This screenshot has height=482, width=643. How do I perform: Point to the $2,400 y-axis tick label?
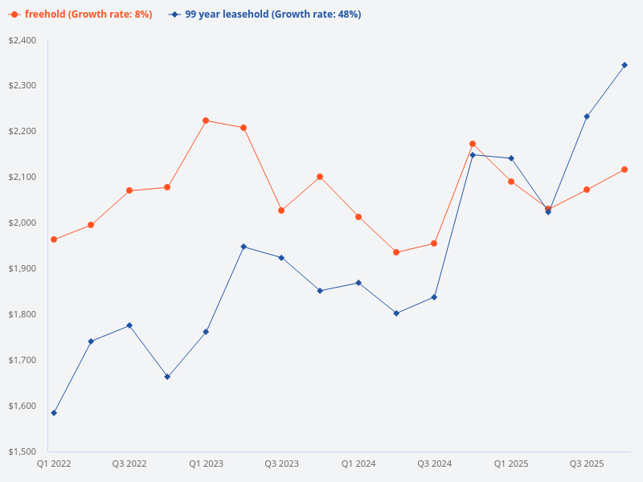tap(23, 40)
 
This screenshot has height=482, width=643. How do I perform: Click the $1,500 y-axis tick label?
tap(23, 451)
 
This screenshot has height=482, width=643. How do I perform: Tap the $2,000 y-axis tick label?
tap(23, 223)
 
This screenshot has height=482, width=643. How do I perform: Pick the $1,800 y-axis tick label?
tap(23, 314)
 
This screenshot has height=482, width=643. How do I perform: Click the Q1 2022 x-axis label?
tap(54, 464)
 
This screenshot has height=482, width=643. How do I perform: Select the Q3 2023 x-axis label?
tap(281, 464)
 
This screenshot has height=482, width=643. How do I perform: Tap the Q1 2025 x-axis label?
tap(510, 464)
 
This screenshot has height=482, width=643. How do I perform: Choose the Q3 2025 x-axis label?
tap(587, 464)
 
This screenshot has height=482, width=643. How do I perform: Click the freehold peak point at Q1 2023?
tap(206, 120)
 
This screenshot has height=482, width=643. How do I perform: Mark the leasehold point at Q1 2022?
tap(54, 413)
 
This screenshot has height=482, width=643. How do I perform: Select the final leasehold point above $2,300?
tap(625, 65)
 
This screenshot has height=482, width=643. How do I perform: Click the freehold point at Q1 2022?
tap(54, 239)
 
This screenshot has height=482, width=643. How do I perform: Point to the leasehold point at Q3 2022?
tap(129, 325)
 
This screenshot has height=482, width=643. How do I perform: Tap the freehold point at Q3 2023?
tap(281, 210)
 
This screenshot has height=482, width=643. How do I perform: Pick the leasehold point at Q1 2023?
tap(206, 332)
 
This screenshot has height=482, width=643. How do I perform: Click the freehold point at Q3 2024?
tap(434, 243)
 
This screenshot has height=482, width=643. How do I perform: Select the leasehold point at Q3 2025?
tap(587, 116)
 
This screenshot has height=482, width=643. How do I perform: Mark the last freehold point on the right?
tap(625, 170)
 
